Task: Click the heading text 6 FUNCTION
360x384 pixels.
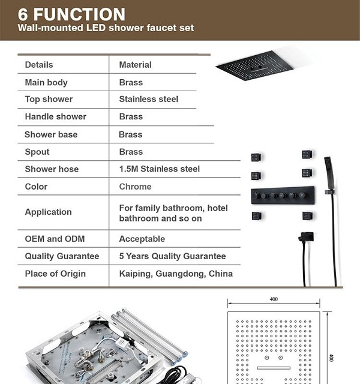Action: pos(71,14)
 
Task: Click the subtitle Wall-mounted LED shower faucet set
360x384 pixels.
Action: pos(106,28)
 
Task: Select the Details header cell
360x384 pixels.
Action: pos(39,65)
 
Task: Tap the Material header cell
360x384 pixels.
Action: pos(135,65)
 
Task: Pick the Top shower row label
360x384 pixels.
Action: pos(49,99)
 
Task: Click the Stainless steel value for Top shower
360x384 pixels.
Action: pos(148,99)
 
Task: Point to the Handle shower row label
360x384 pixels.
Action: pos(55,116)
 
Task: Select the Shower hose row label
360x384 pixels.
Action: pos(52,169)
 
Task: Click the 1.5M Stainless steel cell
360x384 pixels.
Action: pos(159,169)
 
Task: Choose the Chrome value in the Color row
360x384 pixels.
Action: pos(135,187)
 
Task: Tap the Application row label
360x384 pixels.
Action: pos(48,212)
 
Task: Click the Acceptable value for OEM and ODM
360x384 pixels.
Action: pos(142,239)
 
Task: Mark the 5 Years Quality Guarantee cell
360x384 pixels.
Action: pos(172,256)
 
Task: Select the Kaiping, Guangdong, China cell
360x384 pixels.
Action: pos(176,274)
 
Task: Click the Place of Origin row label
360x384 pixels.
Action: pos(55,274)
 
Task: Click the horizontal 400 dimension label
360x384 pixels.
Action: pos(274,299)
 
